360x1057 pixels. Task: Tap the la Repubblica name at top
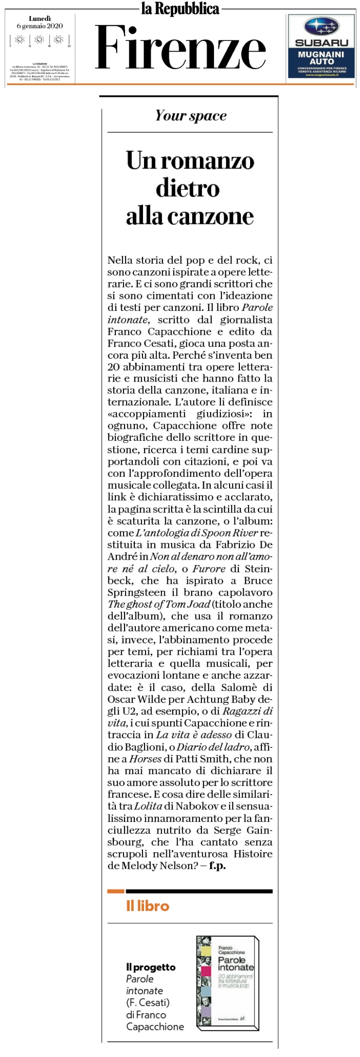coord(180,9)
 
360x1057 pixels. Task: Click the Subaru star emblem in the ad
coord(321,27)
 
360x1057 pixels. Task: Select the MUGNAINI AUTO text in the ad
coord(321,58)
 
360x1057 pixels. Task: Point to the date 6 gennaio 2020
coord(40,26)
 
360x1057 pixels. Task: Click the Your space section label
coord(191,116)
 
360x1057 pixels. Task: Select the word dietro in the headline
coord(188,188)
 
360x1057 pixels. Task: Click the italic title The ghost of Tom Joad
coord(159,604)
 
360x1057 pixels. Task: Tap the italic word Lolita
coord(148,806)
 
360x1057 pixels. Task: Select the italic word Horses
coord(145,759)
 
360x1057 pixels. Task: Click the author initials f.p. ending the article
coord(217,866)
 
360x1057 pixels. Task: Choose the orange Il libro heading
coord(147,906)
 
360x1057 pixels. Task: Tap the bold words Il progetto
coord(151,967)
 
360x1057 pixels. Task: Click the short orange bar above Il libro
coord(116,891)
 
